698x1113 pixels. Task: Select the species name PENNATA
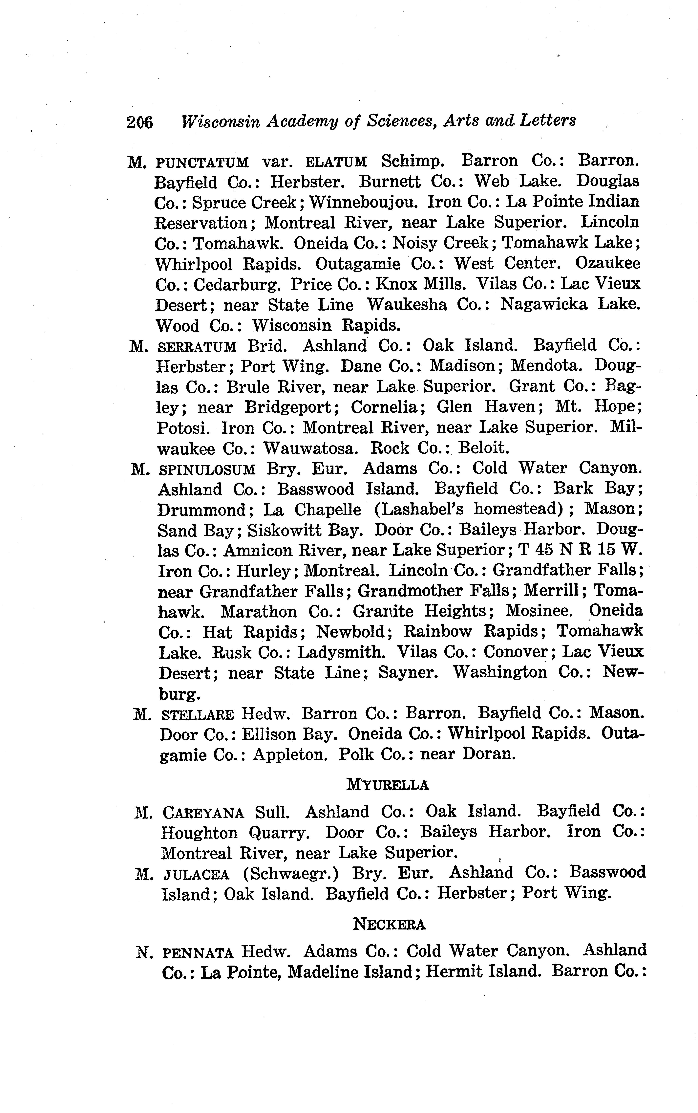199,952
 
